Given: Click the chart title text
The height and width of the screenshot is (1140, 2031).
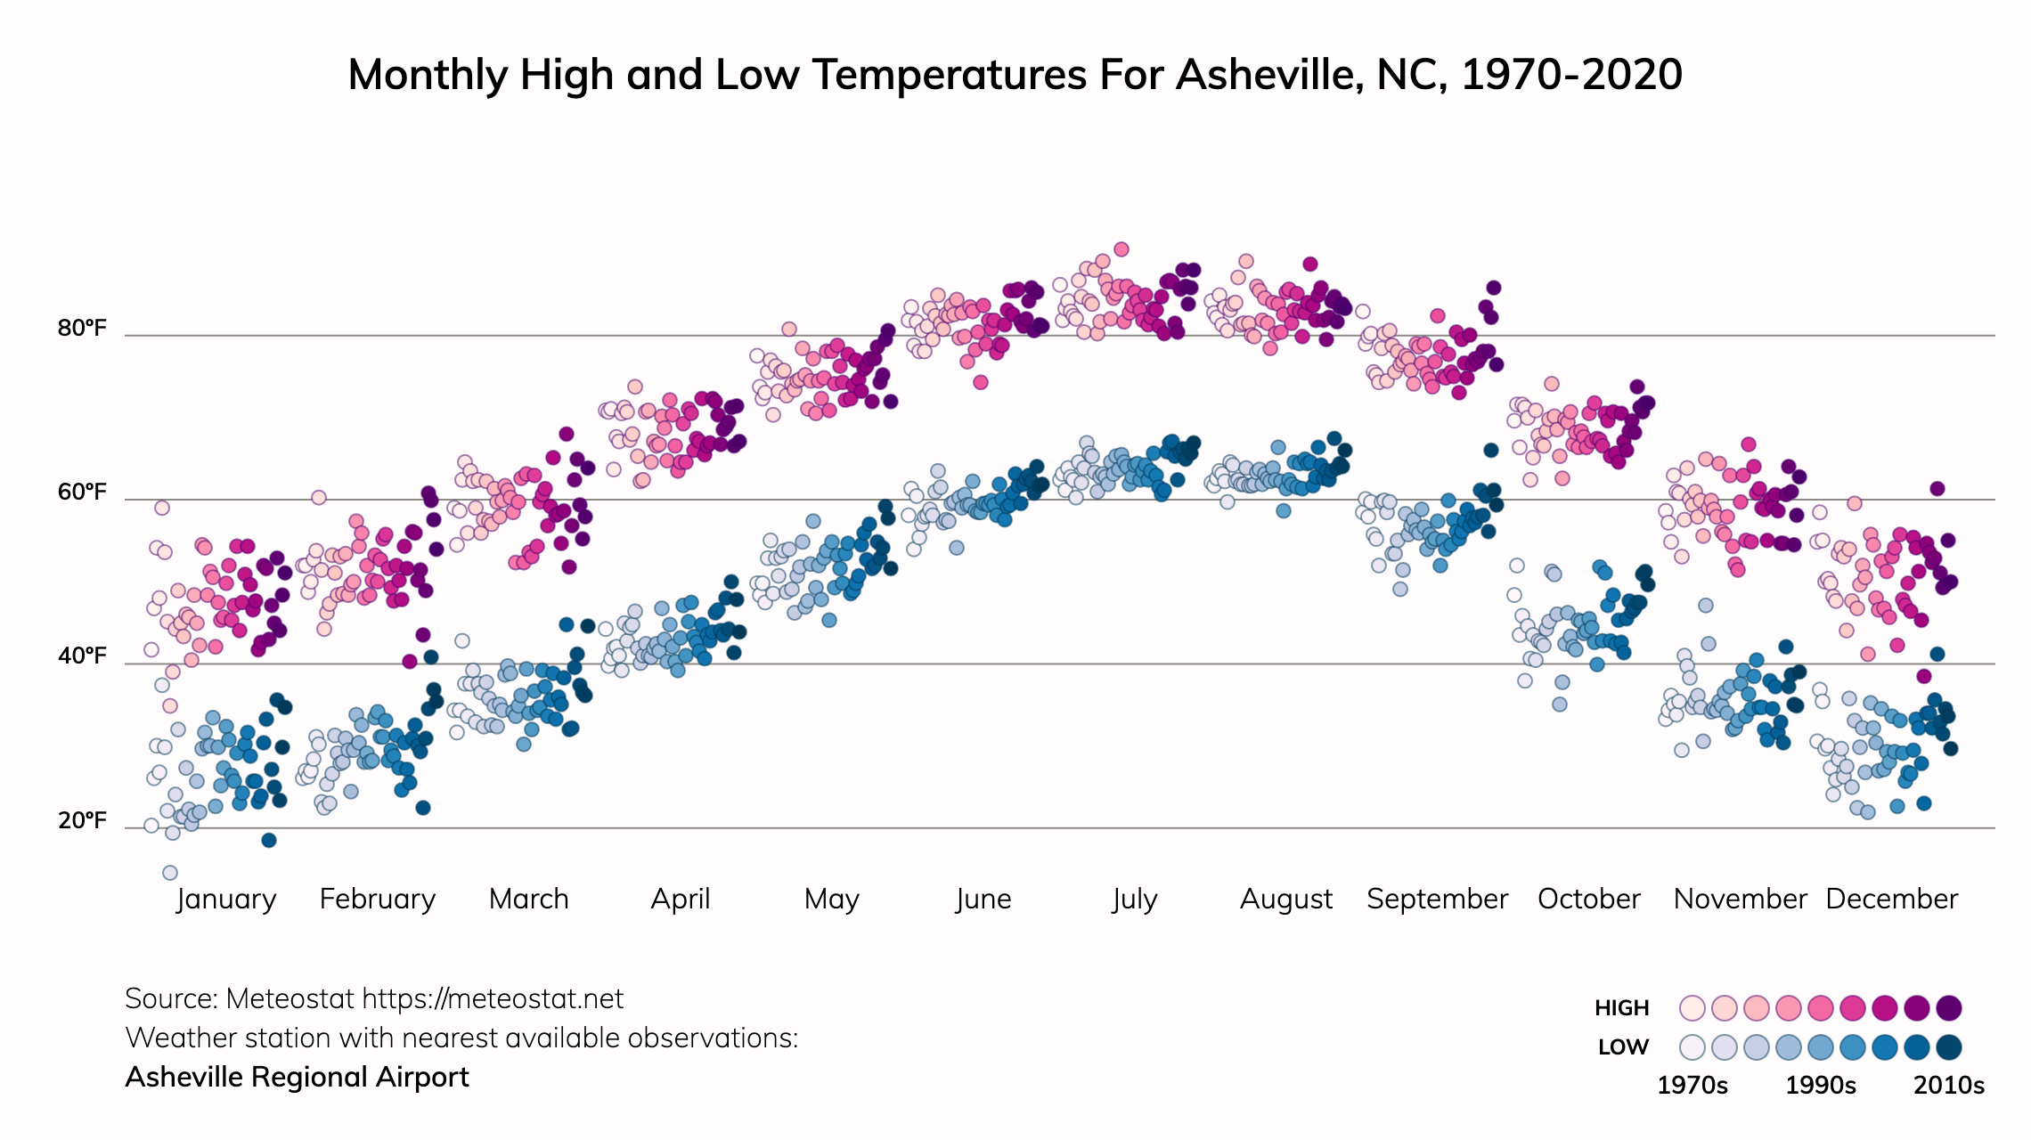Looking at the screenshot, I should pos(1015,75).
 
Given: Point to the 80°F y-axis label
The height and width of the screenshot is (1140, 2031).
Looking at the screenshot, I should pos(82,329).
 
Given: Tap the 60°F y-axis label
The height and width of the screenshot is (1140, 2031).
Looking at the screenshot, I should pos(82,493).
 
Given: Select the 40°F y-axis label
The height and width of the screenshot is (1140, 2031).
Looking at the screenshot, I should pos(82,656).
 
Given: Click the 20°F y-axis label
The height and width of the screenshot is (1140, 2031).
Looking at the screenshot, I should pos(82,820).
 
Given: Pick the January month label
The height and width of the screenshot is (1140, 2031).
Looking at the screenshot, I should pos(226,899).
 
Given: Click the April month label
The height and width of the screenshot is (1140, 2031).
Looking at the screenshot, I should pos(681,899).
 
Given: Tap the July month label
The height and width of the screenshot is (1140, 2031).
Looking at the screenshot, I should pos(1134,899).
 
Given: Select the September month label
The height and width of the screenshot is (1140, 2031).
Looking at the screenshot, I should pos(1437,899).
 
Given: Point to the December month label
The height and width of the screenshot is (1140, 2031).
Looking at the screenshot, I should pos(1891,899).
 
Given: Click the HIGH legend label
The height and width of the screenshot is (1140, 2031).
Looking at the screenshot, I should pos(1621,1008).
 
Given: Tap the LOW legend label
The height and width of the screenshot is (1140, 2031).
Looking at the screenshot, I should pos(1623,1047).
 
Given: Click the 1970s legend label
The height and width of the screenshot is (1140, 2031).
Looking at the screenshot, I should pos(1692,1086).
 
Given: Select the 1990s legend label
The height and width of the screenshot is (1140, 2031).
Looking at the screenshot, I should pos(1821,1086).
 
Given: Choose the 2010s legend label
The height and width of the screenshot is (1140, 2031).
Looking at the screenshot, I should pos(1949,1086).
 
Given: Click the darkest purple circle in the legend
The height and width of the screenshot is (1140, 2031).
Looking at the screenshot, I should pos(1949,1008).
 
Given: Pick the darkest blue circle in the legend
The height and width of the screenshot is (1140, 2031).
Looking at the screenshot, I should pos(1949,1047).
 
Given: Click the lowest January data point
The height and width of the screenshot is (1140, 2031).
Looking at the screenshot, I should pos(170,873).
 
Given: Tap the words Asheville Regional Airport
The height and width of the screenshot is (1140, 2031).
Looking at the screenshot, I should pos(297,1078).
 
